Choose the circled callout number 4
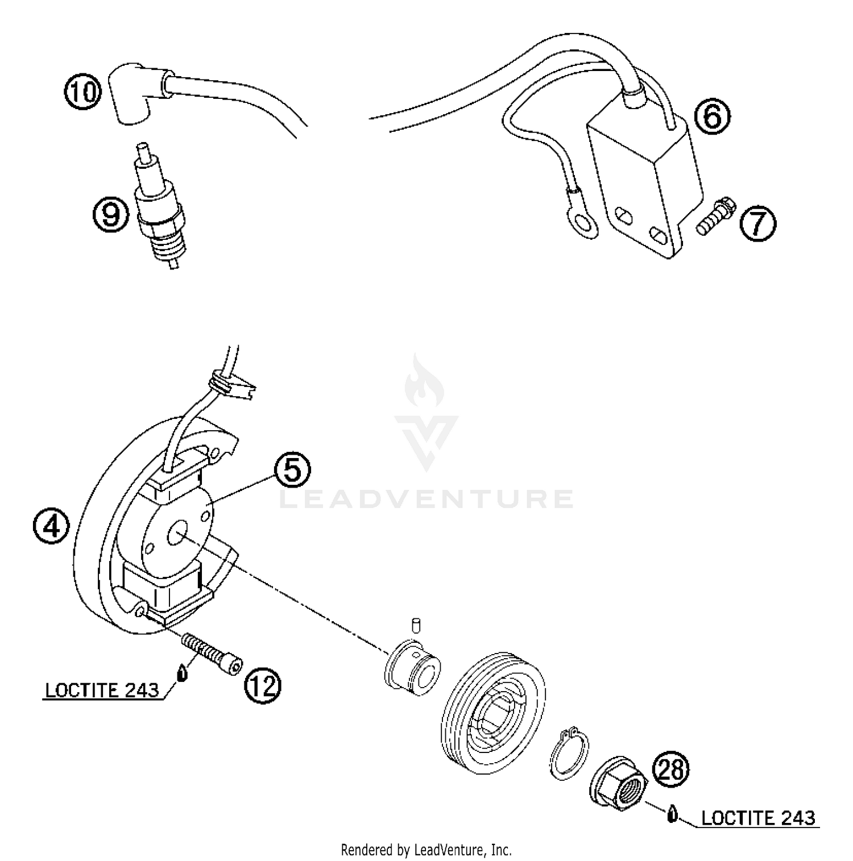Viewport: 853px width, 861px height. click(51, 526)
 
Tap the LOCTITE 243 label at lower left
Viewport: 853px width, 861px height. click(102, 690)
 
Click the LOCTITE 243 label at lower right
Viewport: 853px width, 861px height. click(758, 818)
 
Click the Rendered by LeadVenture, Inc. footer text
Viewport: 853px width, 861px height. click(426, 850)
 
